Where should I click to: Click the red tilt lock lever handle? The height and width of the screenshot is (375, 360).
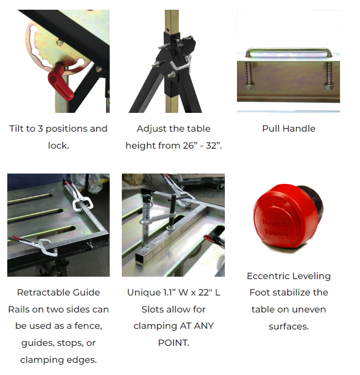pos(61,83)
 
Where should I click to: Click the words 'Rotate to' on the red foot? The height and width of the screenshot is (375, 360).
pos(275,223)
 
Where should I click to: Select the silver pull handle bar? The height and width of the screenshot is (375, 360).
pos(288,52)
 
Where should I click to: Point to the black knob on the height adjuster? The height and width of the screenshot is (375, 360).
pos(187,43)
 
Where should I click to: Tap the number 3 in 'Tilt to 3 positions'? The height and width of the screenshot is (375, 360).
pos(40,129)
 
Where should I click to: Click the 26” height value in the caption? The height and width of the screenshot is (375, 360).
pos(188,146)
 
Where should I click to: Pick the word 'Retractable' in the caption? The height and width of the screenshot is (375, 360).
pos(44,292)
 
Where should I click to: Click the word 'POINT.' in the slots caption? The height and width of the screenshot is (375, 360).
pos(174,343)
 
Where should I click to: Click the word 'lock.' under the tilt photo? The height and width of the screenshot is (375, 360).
pos(59,146)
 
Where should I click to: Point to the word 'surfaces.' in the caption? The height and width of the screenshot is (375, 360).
pos(288,326)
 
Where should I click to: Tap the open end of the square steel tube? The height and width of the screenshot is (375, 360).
pos(140,259)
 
